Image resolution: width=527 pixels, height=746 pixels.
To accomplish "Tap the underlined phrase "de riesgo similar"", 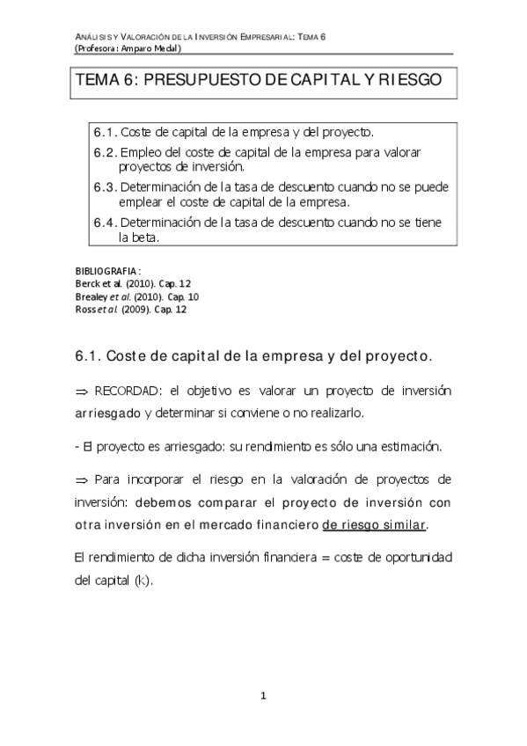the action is click(x=374, y=525).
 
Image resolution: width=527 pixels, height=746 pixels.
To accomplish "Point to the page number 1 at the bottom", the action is click(x=263, y=697).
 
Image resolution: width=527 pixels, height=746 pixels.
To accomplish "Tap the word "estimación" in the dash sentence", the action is click(x=408, y=445).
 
